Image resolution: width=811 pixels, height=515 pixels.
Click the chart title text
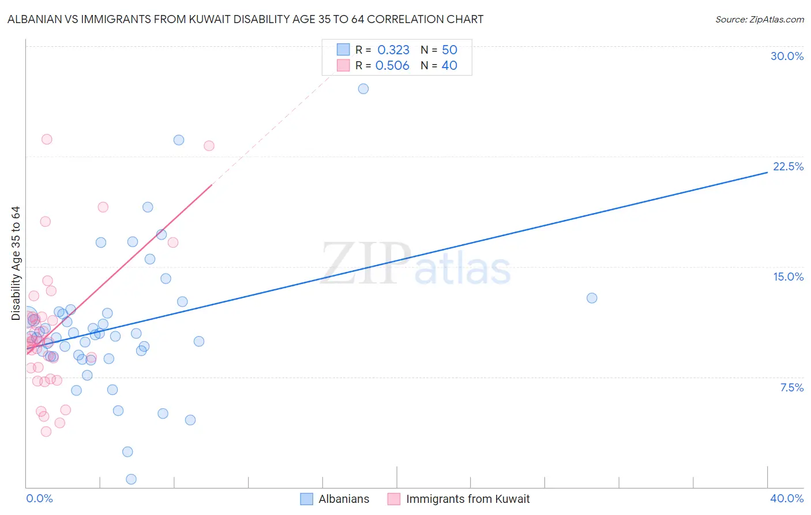pyautogui.click(x=245, y=19)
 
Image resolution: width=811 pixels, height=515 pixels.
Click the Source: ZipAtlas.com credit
pyautogui.click(x=759, y=19)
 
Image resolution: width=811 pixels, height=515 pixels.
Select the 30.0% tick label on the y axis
pyautogui.click(x=787, y=56)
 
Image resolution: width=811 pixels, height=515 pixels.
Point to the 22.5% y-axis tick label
pyautogui.click(x=788, y=166)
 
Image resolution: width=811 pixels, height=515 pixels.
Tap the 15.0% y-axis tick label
pyautogui.click(x=788, y=277)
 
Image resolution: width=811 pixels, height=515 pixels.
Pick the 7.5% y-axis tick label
pyautogui.click(x=791, y=387)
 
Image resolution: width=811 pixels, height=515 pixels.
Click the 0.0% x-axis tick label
pyautogui.click(x=39, y=498)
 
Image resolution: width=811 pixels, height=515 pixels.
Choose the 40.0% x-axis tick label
pyautogui.click(x=786, y=498)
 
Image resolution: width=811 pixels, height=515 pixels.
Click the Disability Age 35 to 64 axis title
pyautogui.click(x=16, y=263)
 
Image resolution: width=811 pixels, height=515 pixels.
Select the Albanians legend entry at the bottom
pyautogui.click(x=344, y=499)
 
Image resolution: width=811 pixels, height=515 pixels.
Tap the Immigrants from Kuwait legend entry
pyautogui.click(x=467, y=499)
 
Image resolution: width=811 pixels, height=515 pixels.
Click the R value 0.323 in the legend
pyautogui.click(x=393, y=50)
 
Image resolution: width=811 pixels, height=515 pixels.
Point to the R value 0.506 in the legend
pyautogui.click(x=392, y=65)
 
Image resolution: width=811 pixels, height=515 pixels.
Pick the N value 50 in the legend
pyautogui.click(x=449, y=50)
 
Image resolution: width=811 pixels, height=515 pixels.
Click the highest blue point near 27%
pyautogui.click(x=363, y=88)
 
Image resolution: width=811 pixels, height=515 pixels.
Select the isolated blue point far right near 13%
pyautogui.click(x=592, y=298)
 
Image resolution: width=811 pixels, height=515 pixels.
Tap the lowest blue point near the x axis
pyautogui.click(x=131, y=479)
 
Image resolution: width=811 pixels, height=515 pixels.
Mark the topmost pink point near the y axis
pyautogui.click(x=47, y=139)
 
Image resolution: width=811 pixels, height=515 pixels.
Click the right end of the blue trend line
pyautogui.click(x=767, y=172)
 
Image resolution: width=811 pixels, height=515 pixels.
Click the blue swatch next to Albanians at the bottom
pyautogui.click(x=307, y=499)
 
